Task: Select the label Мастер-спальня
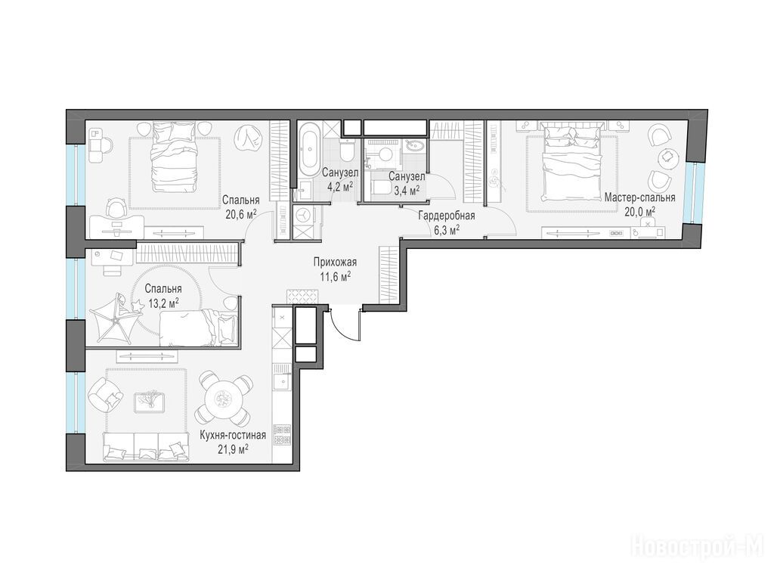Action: [x=639, y=197]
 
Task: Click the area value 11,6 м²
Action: [x=335, y=275]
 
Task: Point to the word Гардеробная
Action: [x=447, y=216]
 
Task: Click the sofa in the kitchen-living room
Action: [x=146, y=446]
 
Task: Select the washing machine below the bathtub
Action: [x=302, y=216]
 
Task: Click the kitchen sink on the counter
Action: [x=283, y=382]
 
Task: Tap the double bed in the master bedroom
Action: [x=571, y=163]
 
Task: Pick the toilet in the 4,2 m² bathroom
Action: [x=347, y=149]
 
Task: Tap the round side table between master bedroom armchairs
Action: [x=667, y=156]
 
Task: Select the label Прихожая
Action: [x=335, y=263]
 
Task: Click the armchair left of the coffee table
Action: [x=104, y=395]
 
